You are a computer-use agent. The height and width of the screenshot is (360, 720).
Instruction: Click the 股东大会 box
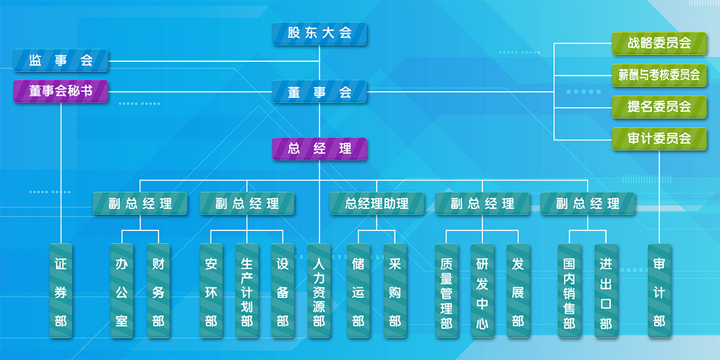pyautogui.click(x=319, y=34)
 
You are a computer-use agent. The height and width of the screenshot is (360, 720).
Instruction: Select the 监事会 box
pyautogui.click(x=61, y=61)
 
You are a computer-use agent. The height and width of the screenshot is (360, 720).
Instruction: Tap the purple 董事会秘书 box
pyautogui.click(x=61, y=91)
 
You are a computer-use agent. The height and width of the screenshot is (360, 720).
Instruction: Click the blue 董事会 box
pyautogui.click(x=319, y=92)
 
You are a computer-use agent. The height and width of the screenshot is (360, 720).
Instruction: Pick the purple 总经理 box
pyautogui.click(x=319, y=149)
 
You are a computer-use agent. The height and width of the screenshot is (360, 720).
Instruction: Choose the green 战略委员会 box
pyautogui.click(x=659, y=44)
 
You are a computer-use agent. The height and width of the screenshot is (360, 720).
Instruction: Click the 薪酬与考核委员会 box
pyautogui.click(x=659, y=76)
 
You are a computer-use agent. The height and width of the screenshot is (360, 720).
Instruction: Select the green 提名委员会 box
pyautogui.click(x=659, y=107)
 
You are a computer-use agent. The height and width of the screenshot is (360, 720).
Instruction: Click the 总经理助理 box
pyautogui.click(x=377, y=204)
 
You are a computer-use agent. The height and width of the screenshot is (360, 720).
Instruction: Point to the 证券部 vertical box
pyautogui.click(x=61, y=291)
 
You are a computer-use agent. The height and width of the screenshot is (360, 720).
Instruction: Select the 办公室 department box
pyautogui.click(x=122, y=291)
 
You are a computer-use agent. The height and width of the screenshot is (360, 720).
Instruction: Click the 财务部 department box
pyautogui.click(x=158, y=291)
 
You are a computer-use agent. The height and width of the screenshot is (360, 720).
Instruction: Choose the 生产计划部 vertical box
pyautogui.click(x=247, y=291)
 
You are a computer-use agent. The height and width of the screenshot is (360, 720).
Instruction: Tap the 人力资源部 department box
pyautogui.click(x=319, y=291)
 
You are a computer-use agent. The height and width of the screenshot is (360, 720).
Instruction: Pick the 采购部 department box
pyautogui.click(x=395, y=291)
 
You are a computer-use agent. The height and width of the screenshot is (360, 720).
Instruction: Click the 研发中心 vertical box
pyautogui.click(x=482, y=291)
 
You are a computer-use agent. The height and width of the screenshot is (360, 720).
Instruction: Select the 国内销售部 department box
pyautogui.click(x=569, y=291)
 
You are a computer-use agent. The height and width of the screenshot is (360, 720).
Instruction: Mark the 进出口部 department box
pyautogui.click(x=606, y=291)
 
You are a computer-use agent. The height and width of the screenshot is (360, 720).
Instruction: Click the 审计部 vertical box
pyautogui.click(x=659, y=291)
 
